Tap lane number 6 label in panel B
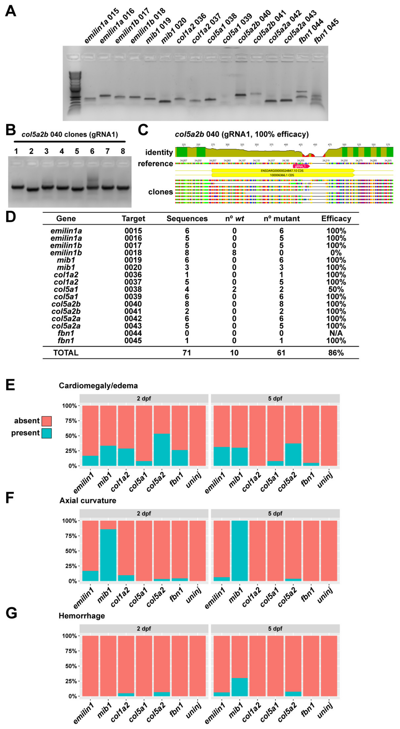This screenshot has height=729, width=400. [x=92, y=151]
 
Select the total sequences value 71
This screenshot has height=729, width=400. [x=187, y=353]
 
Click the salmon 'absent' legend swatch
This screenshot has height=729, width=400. [x=46, y=421]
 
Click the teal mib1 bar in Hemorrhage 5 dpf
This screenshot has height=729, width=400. [x=240, y=687]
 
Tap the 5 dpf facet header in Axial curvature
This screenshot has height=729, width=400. [x=275, y=513]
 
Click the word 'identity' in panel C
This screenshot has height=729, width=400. [x=159, y=152]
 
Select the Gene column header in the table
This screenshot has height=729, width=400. [x=66, y=219]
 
